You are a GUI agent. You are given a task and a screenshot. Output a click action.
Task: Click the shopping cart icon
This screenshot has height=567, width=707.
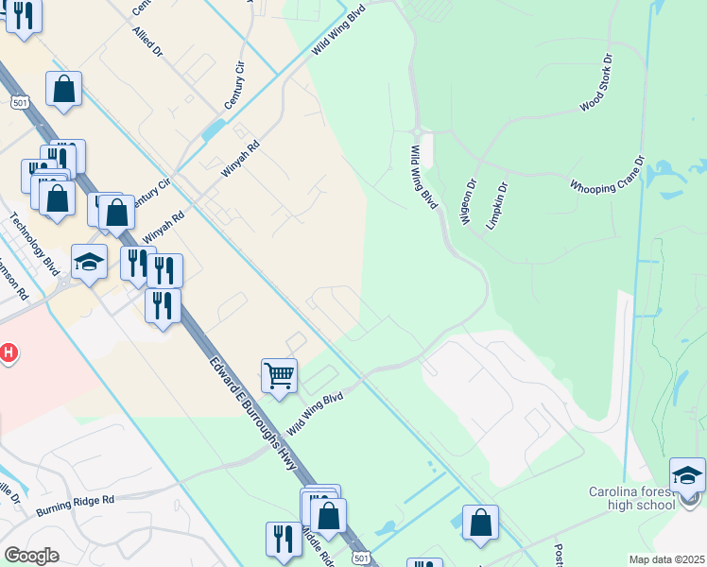pyautogui.click(x=279, y=375)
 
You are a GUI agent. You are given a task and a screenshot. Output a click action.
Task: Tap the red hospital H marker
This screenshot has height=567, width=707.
pyautogui.click(x=9, y=354)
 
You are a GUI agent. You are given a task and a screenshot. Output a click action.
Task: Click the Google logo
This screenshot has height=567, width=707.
pyautogui.click(x=31, y=555)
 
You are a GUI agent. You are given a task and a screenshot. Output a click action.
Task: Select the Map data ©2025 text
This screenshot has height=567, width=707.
pyautogui.click(x=666, y=559)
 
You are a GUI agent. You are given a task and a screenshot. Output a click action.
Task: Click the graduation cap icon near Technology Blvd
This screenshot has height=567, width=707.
pyautogui.click(x=89, y=261)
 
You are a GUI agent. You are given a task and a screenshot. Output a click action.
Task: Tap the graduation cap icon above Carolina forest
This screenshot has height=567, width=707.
pyautogui.click(x=687, y=472)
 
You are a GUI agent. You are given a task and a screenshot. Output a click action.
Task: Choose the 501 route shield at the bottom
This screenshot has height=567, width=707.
pyautogui.click(x=360, y=559)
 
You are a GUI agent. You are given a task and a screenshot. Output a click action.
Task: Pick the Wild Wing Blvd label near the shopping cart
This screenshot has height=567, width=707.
pyautogui.click(x=315, y=413)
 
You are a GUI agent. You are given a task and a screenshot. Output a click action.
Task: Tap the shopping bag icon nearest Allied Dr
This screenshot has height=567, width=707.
pyautogui.click(x=63, y=90)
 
